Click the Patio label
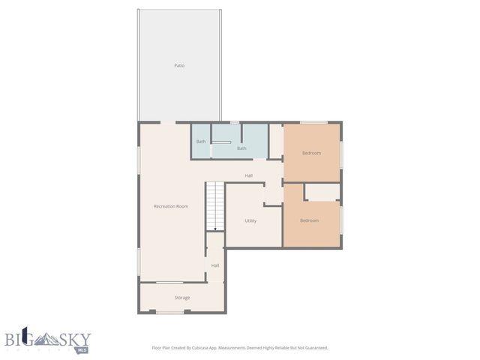tap(179, 66)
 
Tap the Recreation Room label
tap(170, 206)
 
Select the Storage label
tap(182, 298)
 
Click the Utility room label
tap(250, 220)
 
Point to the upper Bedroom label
tap(311, 153)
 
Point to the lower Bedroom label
tap(309, 220)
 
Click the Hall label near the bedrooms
tap(248, 176)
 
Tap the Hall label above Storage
tap(215, 265)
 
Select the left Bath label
tap(201, 142)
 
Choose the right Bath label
tap(241, 148)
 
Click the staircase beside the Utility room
tap(215, 204)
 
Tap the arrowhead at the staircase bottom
tap(215, 229)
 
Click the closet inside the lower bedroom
tap(322, 193)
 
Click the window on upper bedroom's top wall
tap(313, 122)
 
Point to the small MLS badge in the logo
tap(82, 349)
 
